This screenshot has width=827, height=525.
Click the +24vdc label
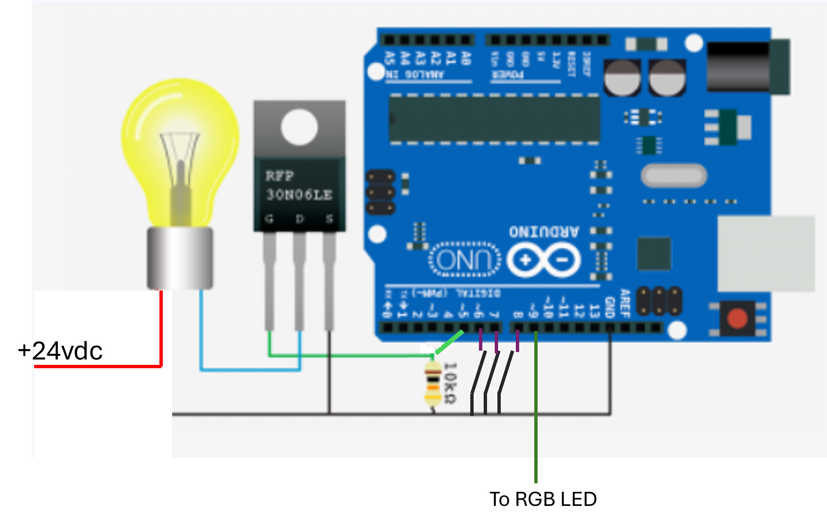coord(60,351)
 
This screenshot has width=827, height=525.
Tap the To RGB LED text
coord(543,499)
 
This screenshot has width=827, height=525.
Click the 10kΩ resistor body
coord(433,384)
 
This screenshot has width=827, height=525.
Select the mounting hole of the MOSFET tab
coord(299,127)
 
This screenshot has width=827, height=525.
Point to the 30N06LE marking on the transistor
coord(299,194)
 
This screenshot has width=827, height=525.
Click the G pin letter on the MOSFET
coord(269,218)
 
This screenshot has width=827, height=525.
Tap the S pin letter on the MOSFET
coord(329,218)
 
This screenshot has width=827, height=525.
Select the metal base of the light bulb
coord(180,258)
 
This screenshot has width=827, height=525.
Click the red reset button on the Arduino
coord(737,319)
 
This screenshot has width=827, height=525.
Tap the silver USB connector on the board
coord(766,254)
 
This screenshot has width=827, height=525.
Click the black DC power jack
coord(738,67)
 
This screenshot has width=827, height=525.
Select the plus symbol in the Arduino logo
coord(525,260)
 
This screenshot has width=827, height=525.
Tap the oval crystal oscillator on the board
coord(674,176)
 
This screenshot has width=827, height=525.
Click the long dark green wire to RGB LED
coord(536,430)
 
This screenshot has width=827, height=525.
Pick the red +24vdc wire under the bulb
coord(161,330)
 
